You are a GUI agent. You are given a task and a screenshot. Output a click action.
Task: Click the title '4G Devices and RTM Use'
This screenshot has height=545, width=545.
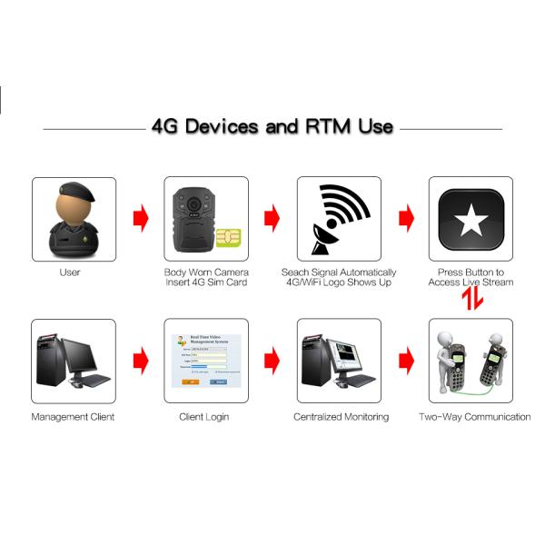pos(272,126)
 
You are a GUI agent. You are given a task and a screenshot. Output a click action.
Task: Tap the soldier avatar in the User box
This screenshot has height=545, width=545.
pos(74,219)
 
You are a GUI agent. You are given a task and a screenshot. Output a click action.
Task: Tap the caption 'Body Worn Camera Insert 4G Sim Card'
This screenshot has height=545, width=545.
pos(206,277)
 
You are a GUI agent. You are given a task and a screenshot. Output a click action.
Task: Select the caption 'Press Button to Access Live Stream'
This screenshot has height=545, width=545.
pos(471,277)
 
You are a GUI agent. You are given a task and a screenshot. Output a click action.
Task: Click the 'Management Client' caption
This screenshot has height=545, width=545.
pos(74,417)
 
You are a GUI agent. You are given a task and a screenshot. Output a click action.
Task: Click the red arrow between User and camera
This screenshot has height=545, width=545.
pos(140,218)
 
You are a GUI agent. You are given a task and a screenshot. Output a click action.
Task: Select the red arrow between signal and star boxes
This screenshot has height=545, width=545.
pos(406,218)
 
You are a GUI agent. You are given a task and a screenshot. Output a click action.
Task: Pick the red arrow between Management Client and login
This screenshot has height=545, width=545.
pos(140,361)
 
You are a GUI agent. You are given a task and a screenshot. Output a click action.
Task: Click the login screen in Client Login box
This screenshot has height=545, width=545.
pos(206,361)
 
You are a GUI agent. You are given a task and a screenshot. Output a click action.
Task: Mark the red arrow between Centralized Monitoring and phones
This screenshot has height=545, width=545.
pos(406,361)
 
